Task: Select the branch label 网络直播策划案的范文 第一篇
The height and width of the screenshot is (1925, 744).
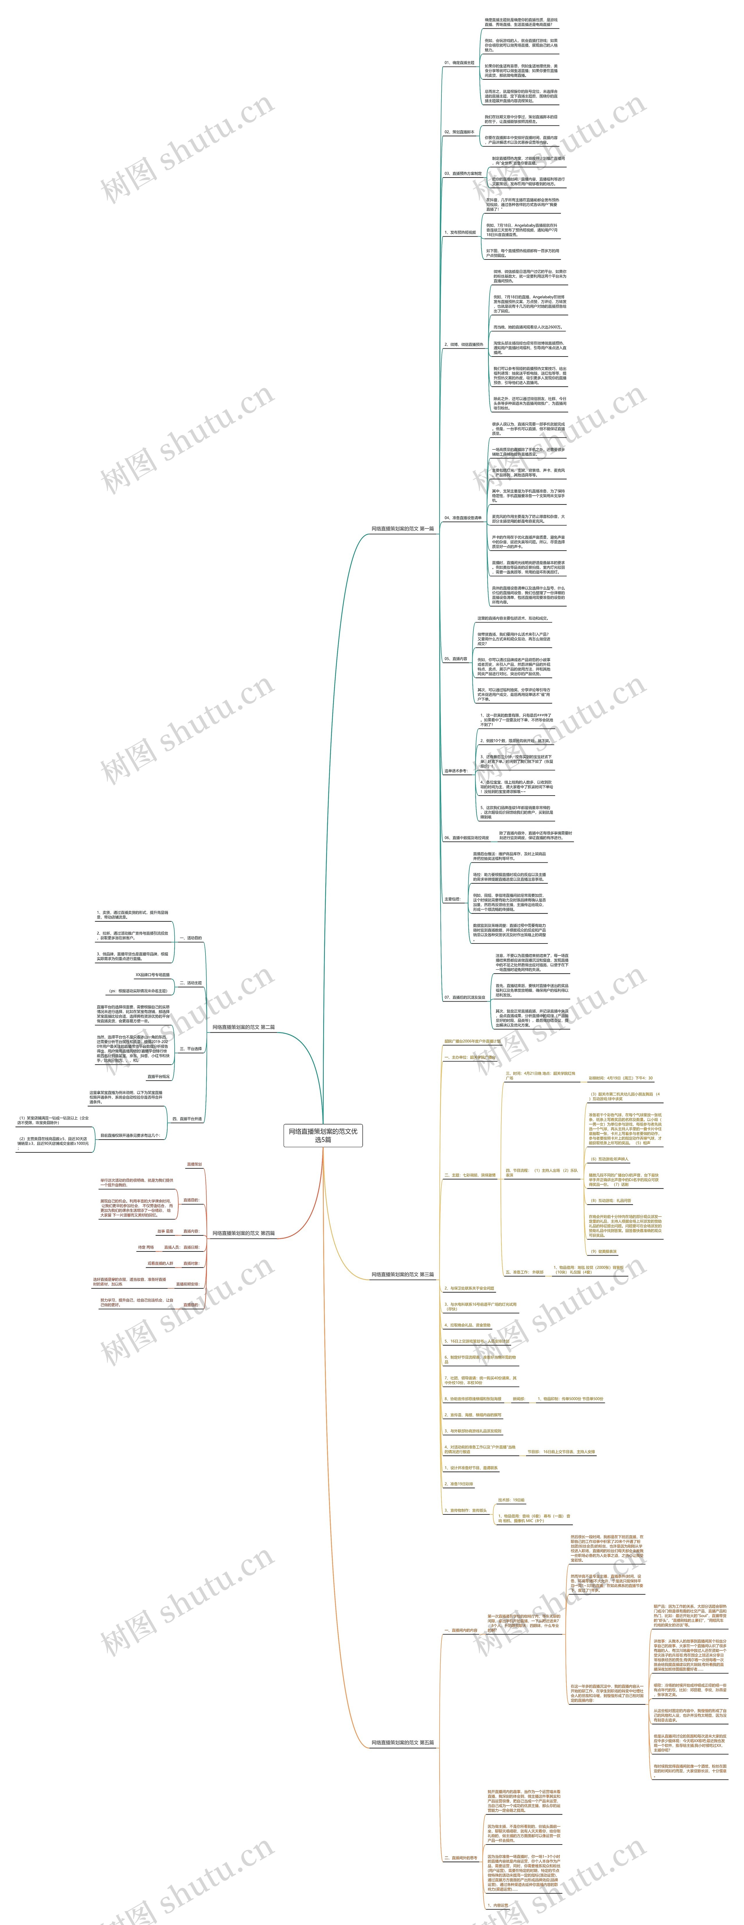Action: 402,528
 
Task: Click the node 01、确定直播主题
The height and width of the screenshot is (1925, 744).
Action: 459,63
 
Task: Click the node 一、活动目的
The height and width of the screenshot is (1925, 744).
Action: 191,938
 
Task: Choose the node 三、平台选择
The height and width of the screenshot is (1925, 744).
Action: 191,1048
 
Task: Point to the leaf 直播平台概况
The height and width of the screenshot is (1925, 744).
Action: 158,1077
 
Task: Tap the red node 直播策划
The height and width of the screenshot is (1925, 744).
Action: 194,1164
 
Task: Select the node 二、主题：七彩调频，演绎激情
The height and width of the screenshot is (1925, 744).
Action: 470,1175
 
